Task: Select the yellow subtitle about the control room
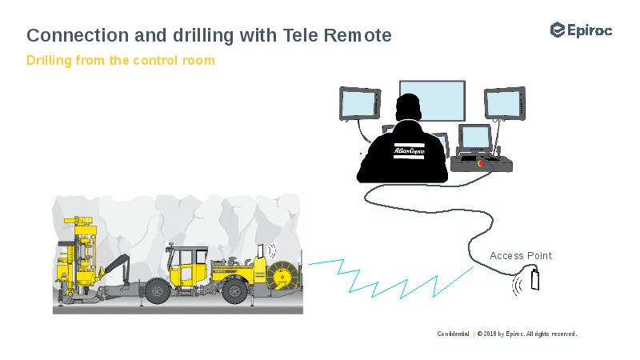point(121,60)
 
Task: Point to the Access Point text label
point(521,256)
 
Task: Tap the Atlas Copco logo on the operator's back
point(409,150)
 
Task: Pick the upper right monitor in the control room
point(504,102)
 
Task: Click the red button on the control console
point(481,162)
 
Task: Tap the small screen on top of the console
point(475,138)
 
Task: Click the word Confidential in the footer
point(453,334)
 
